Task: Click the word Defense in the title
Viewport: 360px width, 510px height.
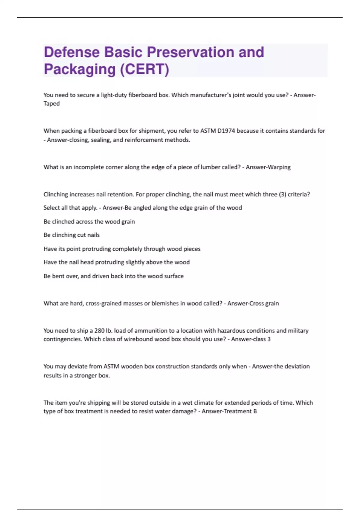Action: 72,52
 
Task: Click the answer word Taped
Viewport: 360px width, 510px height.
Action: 52,104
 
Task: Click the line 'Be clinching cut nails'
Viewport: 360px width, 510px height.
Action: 71,235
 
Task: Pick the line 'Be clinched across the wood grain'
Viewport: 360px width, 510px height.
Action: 89,222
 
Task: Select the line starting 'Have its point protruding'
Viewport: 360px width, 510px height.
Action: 122,249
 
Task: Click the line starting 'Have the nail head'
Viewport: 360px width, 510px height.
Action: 116,262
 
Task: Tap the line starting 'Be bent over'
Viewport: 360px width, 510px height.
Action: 113,276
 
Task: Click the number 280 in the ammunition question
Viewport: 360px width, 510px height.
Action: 99,331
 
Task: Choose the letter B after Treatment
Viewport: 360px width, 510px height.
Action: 255,411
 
